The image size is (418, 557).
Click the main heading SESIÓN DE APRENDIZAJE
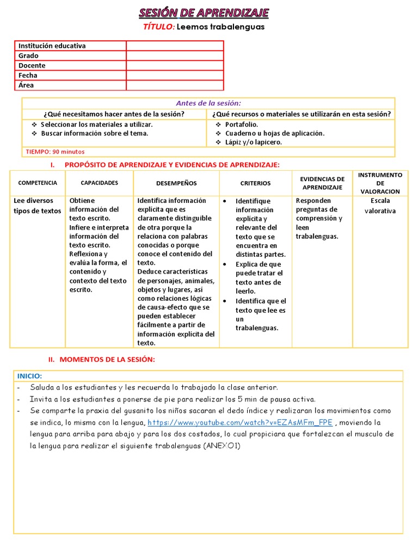tap(204, 13)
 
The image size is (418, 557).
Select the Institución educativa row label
tap(52, 46)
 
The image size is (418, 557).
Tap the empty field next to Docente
tap(175, 65)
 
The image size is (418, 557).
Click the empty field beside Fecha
tap(175, 75)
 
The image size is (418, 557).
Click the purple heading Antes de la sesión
tap(208, 103)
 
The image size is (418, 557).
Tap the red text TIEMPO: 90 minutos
tap(55, 152)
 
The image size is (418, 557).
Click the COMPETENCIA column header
tap(38, 183)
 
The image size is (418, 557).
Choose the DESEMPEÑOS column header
tap(176, 183)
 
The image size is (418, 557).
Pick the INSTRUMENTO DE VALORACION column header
tap(380, 183)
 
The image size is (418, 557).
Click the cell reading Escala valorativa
tap(380, 206)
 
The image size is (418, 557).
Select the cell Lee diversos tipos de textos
tap(38, 206)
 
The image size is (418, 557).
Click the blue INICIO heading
tap(29, 376)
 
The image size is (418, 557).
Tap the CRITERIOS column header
tap(255, 183)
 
